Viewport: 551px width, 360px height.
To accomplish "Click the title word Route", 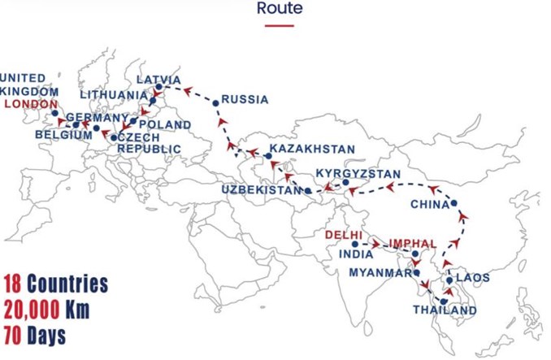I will (280, 9).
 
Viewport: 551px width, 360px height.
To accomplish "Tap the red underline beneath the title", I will (280, 25).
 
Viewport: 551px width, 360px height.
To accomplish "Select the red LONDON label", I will (31, 104).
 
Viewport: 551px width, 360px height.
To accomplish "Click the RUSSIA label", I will (245, 100).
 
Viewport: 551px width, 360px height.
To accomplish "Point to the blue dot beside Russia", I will (215, 102).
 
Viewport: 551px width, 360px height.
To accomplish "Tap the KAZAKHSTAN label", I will (312, 150).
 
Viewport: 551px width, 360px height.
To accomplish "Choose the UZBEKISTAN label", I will (260, 189).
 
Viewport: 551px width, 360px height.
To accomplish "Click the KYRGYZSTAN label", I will (358, 174).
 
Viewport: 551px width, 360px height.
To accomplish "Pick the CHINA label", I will (430, 204).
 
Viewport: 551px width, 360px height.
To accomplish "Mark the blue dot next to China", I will (454, 203).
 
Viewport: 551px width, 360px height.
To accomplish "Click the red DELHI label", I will (342, 235).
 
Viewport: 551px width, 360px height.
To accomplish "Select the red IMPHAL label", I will (413, 243).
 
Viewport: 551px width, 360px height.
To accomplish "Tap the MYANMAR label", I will (380, 272).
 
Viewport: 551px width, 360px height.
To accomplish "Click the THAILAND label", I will (445, 310).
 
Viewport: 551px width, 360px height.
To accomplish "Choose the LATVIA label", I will (158, 80).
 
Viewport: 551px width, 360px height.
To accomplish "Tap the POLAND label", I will (165, 124).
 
